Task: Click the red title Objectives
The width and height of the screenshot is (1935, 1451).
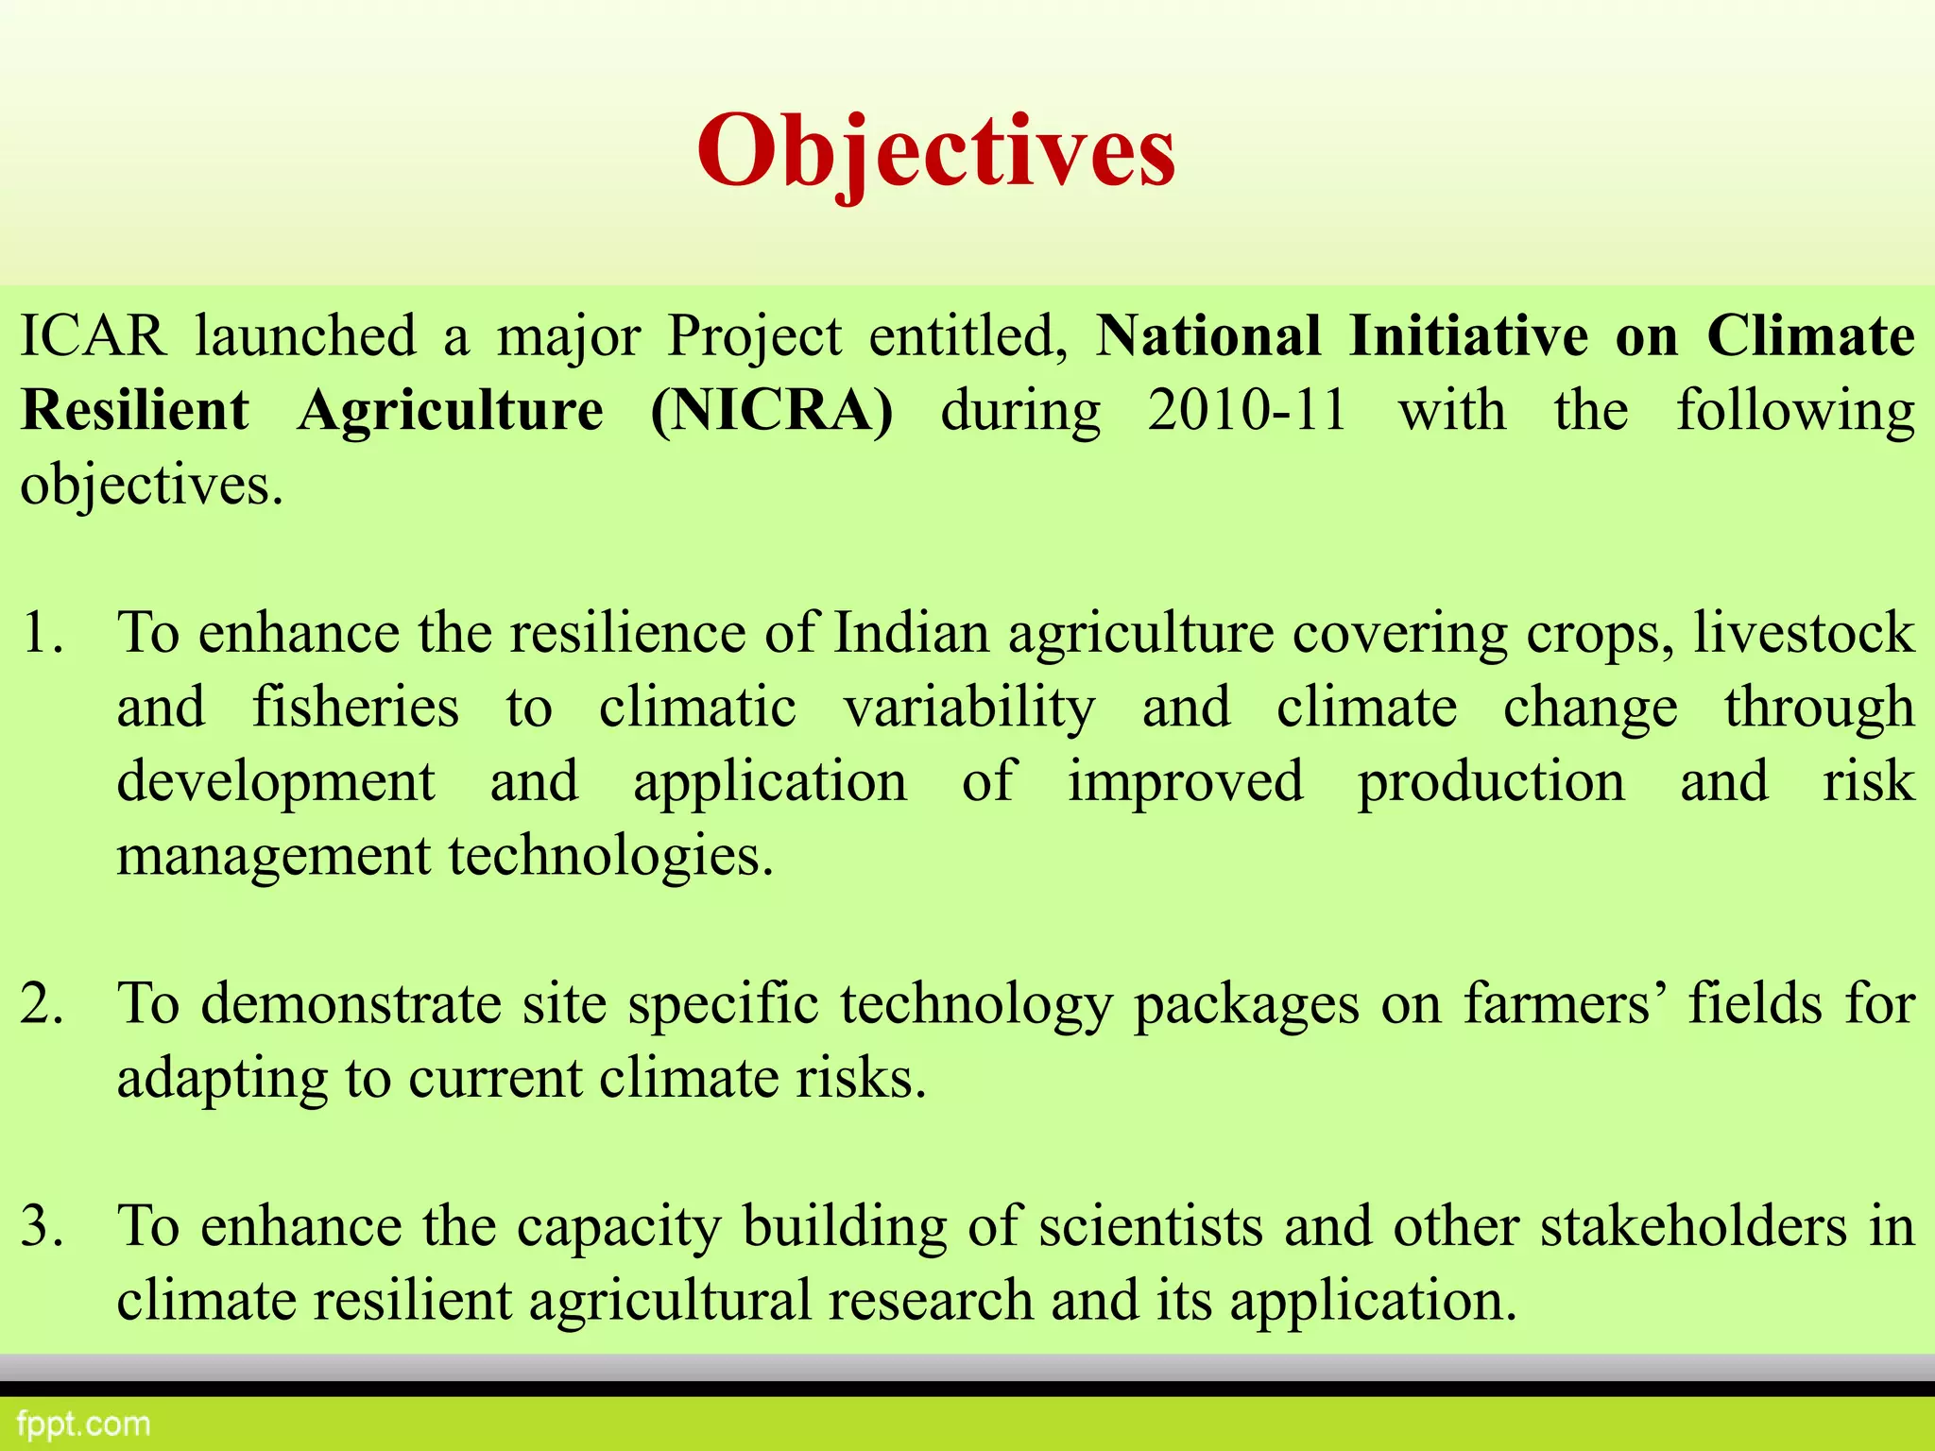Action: [x=936, y=151]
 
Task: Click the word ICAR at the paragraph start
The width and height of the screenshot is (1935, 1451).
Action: [x=93, y=336]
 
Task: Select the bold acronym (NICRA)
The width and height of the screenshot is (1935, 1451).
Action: [x=771, y=411]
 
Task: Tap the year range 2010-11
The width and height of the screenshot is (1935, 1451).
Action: [x=1247, y=411]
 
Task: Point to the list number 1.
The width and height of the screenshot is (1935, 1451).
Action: [x=42, y=633]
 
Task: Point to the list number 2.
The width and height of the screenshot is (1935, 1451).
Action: [x=42, y=1003]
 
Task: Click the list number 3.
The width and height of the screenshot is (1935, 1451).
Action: [x=42, y=1226]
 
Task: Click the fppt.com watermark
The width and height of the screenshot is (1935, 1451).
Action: [x=83, y=1424]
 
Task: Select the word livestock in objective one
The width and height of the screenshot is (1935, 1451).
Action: [x=1803, y=633]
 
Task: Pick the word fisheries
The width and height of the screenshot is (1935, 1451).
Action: [x=355, y=708]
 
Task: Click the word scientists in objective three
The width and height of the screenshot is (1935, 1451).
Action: [x=1151, y=1226]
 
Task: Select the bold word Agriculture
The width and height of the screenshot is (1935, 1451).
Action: [x=450, y=411]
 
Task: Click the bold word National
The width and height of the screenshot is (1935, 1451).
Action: [x=1208, y=336]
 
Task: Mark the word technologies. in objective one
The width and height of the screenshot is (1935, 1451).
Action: [x=610, y=856]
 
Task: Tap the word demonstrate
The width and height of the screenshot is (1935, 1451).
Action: [x=351, y=1003]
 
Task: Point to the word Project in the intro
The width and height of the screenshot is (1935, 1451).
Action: [x=754, y=336]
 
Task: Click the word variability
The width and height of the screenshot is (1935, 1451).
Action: [x=968, y=708]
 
